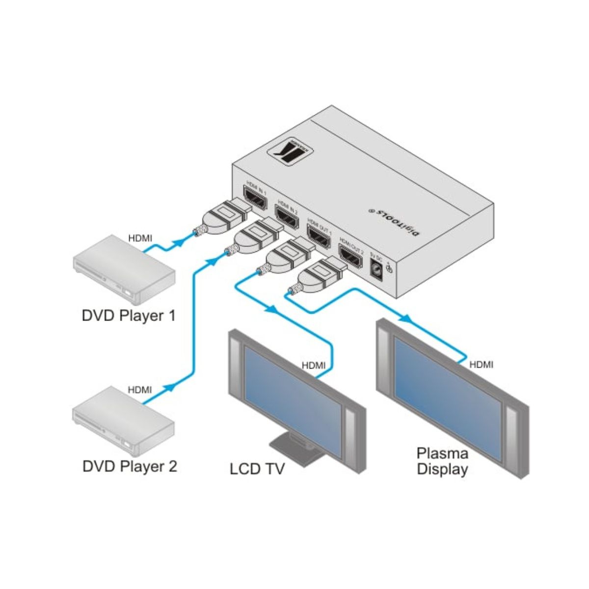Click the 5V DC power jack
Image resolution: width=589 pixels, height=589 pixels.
pos(376,269)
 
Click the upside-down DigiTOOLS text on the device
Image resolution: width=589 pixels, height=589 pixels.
pos(393,221)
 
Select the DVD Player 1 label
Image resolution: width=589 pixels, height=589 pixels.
pos(128,315)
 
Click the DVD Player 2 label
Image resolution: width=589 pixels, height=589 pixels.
pos(130,466)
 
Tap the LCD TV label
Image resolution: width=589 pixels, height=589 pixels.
pos(257,469)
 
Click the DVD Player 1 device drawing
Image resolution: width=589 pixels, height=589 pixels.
pos(124,270)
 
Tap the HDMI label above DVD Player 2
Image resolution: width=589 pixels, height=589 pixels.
pos(140,390)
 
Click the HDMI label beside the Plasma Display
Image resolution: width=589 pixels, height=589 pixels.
pos(481,365)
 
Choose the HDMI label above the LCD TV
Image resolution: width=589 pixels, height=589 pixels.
pos(313,365)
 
